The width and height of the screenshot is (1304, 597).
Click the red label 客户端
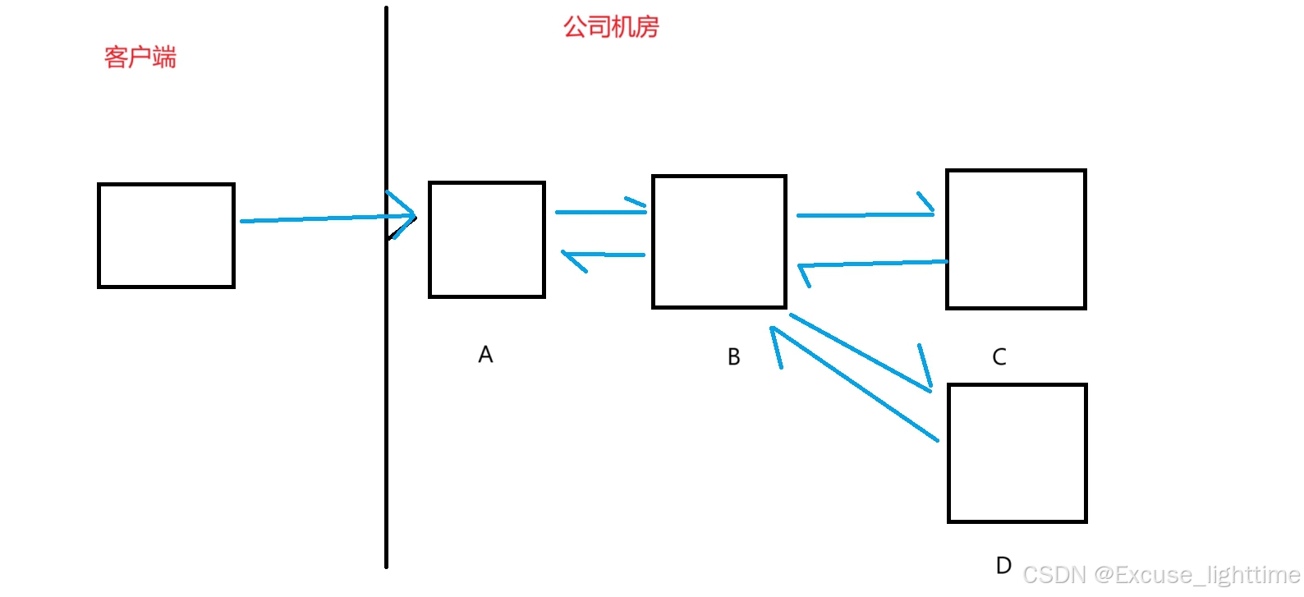140,57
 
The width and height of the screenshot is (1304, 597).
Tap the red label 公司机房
611,27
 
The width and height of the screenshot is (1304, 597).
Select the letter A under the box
485,355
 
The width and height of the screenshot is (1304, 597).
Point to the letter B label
734,357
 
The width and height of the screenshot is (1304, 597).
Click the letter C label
999,357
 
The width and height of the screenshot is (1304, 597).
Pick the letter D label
1003,565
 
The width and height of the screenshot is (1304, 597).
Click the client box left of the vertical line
166,236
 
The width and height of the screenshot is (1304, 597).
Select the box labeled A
487,239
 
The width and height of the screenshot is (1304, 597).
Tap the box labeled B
719,241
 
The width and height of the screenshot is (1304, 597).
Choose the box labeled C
1016,239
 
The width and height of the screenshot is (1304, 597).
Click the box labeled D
1017,452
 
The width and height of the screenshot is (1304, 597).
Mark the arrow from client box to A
320,218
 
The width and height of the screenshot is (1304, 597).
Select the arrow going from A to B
599,212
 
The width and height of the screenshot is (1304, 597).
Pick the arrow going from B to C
862,215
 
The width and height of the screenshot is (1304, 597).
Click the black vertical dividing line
386,411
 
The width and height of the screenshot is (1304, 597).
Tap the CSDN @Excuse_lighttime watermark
1161,574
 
